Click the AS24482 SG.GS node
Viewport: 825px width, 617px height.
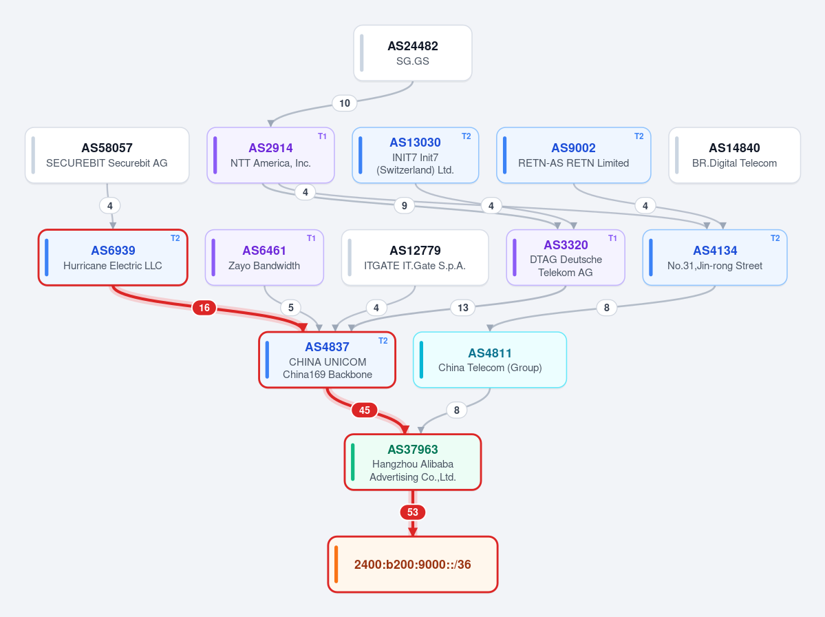click(x=413, y=53)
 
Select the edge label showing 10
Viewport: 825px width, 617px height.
click(x=345, y=103)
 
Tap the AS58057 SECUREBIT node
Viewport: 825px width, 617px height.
click(x=107, y=156)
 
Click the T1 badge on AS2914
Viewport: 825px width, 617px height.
click(x=322, y=136)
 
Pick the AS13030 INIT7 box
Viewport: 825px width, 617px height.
click(x=415, y=156)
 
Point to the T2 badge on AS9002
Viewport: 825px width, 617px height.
click(x=639, y=136)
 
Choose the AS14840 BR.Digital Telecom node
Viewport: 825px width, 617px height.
click(x=734, y=156)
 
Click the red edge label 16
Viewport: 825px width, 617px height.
click(x=204, y=307)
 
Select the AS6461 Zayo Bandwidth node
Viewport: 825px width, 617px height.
click(x=264, y=258)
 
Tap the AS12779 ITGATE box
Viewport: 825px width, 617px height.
click(x=415, y=258)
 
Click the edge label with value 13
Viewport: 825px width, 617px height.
click(x=463, y=307)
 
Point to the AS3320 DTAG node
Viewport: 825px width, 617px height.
click(x=566, y=258)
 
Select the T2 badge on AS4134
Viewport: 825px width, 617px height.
click(x=775, y=238)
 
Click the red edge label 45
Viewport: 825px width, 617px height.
click(x=364, y=410)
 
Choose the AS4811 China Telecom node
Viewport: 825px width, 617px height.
click(x=490, y=359)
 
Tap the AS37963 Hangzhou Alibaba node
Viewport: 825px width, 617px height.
click(x=413, y=462)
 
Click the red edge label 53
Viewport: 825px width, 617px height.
click(x=413, y=512)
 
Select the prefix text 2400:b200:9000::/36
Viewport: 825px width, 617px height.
click(x=413, y=565)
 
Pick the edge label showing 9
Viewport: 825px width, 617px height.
click(x=404, y=205)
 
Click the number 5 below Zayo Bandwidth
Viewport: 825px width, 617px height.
click(x=291, y=307)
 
